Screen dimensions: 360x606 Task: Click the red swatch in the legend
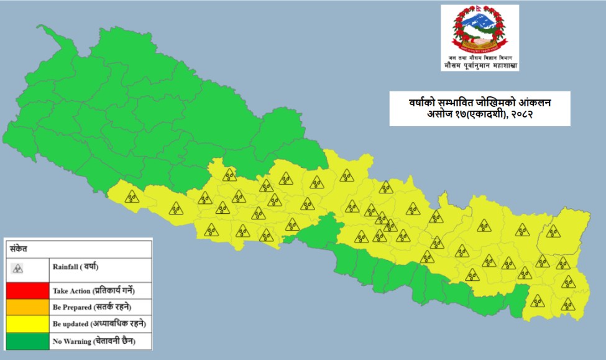27,290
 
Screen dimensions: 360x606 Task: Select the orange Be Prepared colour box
27,307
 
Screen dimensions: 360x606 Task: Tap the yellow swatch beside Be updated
27,324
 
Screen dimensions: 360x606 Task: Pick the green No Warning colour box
27,341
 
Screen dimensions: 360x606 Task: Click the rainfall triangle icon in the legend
19,269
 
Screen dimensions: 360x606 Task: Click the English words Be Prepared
71,308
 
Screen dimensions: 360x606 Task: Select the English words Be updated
71,325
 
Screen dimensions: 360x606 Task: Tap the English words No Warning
70,341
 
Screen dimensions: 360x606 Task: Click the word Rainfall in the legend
66,267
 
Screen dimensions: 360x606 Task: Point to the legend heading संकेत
18,248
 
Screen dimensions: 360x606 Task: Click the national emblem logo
480,30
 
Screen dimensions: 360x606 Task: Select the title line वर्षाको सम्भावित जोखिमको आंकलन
479,102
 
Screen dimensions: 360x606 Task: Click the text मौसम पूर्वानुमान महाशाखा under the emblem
480,65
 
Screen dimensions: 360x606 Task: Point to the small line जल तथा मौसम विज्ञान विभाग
480,57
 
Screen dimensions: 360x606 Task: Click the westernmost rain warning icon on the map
131,197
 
